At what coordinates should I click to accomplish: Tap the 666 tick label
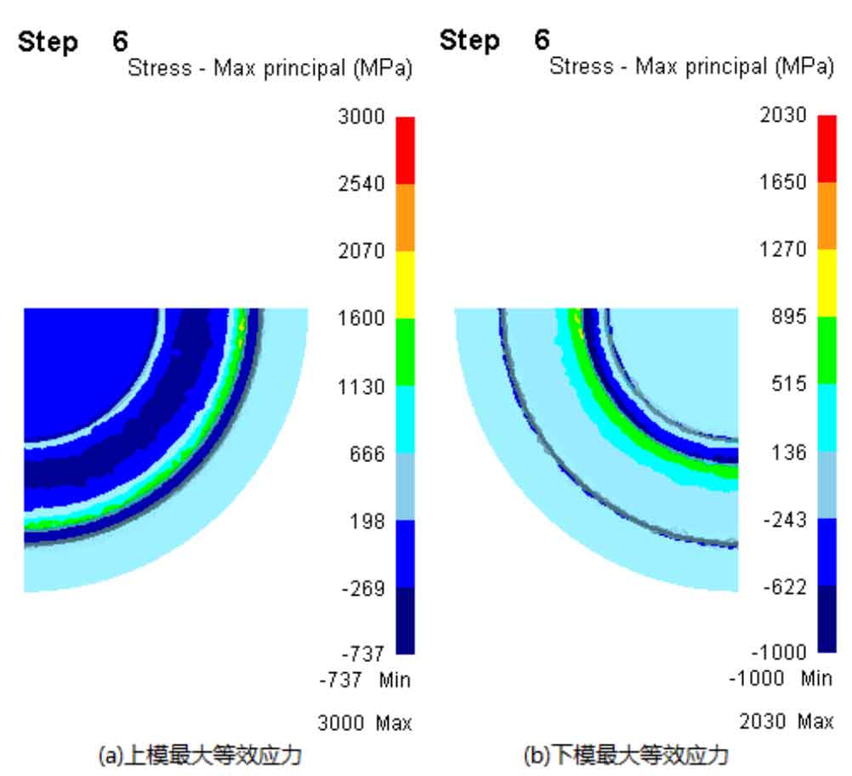(x=367, y=454)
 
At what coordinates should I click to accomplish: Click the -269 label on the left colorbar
(x=364, y=589)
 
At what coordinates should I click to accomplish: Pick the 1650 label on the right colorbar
(x=782, y=183)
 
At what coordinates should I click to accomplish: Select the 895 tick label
(x=788, y=317)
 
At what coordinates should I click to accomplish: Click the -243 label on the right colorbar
(x=783, y=520)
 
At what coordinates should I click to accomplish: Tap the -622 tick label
(x=783, y=587)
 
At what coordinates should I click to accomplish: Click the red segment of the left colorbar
(x=405, y=151)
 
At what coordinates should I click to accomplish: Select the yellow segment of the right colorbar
(x=826, y=282)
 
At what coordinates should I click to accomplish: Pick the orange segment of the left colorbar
(x=405, y=218)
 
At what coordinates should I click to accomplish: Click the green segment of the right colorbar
(x=826, y=350)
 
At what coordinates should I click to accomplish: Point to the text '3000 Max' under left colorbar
(x=365, y=724)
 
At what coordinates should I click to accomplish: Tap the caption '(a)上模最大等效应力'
(x=200, y=755)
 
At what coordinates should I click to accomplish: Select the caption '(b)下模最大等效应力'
(x=627, y=755)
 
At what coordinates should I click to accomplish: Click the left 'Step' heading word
(x=48, y=42)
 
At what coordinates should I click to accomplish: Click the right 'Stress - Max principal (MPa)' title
(x=691, y=67)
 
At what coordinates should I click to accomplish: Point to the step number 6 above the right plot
(x=542, y=40)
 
